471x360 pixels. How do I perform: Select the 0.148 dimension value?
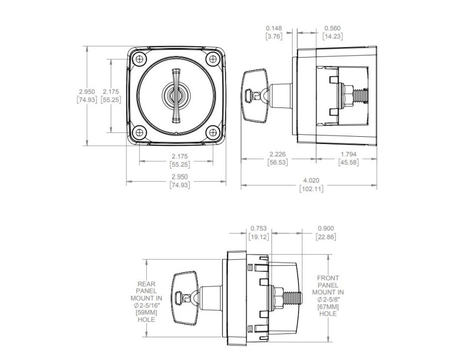[x=274, y=28]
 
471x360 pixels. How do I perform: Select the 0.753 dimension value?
[x=259, y=228]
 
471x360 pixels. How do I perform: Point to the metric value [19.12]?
[x=259, y=236]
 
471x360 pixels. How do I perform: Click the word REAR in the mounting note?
[x=145, y=283]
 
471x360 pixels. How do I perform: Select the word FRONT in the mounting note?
[x=328, y=278]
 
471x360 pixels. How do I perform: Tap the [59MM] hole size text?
[x=145, y=313]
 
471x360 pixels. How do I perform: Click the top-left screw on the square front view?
[x=139, y=58]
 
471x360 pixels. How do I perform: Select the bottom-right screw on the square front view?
[x=212, y=132]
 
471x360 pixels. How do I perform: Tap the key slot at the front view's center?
[x=176, y=95]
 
